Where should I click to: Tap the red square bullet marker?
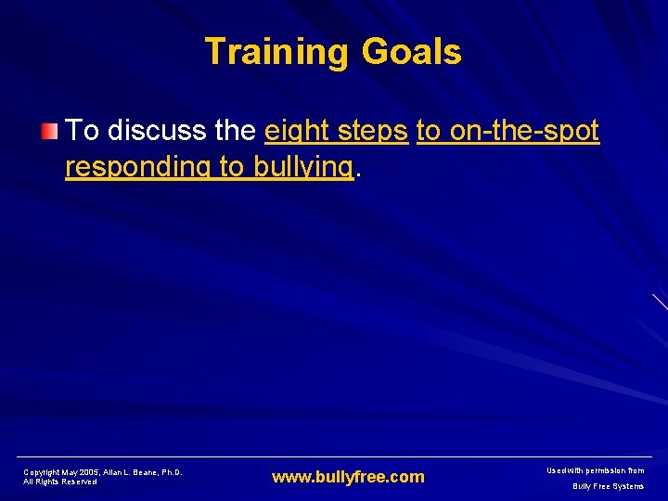tap(52, 132)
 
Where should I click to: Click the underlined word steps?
tap(375, 132)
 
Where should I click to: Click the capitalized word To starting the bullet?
tap(83, 131)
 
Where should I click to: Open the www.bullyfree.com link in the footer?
tap(348, 477)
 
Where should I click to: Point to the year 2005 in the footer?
tap(91, 472)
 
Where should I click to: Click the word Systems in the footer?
tap(629, 486)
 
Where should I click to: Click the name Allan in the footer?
tap(116, 472)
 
